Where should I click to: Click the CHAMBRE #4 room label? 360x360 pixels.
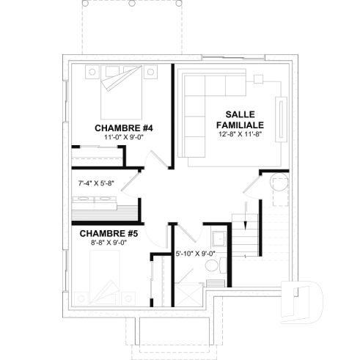123,128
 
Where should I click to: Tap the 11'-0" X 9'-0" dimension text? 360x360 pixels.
123,136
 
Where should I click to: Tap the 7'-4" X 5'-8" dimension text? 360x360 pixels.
98,181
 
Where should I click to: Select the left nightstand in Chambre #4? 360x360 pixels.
93,72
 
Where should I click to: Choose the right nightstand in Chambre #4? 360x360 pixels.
153,72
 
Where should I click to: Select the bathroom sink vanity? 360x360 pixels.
218,238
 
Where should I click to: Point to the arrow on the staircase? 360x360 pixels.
246,222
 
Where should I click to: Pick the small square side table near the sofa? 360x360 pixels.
259,78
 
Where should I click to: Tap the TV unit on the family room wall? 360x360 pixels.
283,117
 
